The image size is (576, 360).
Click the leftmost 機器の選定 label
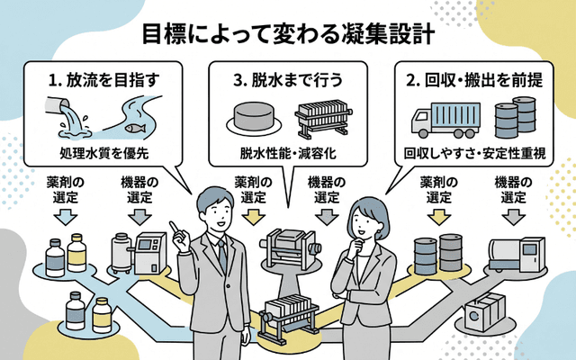point(140,190)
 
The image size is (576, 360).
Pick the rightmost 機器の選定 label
point(513,190)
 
